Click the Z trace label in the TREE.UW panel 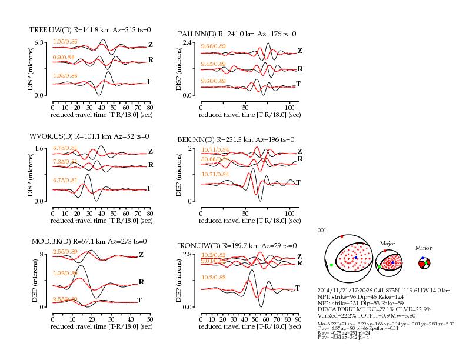click(x=151, y=44)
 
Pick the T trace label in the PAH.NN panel click(x=298, y=84)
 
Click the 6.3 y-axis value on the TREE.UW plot click(x=40, y=42)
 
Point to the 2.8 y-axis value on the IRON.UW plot click(x=188, y=254)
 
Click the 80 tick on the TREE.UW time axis click(x=150, y=108)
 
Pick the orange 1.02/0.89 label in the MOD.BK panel click(x=65, y=274)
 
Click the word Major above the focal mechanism click(x=388, y=242)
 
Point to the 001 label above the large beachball click(x=321, y=230)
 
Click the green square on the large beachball click(x=332, y=265)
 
